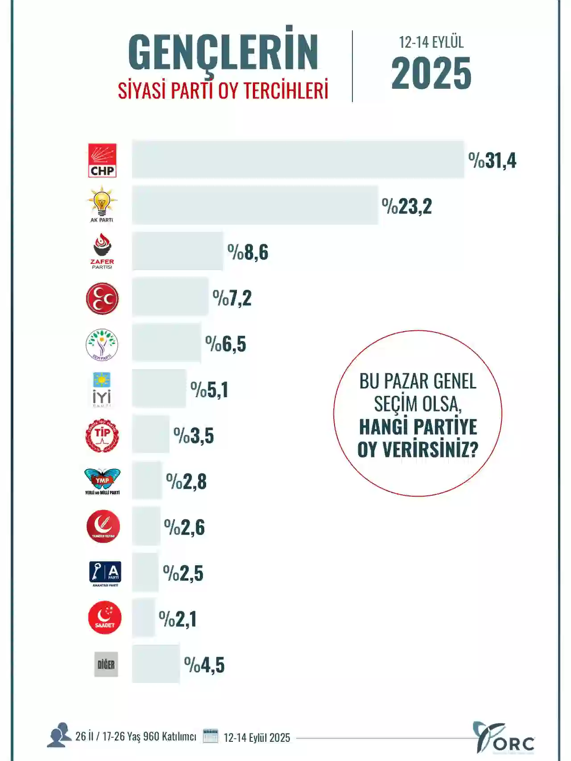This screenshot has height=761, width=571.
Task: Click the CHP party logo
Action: pos(102,160)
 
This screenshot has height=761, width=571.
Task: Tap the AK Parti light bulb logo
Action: pos(102,203)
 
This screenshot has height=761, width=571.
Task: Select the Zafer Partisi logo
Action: pos(102,251)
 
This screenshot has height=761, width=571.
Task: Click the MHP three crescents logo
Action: pos(102,298)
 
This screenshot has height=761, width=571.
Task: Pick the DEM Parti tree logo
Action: pos(102,345)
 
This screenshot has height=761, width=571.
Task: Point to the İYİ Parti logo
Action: pos(102,390)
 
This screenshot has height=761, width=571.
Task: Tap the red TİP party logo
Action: pos(102,436)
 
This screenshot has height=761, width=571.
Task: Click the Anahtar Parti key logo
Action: pos(105,573)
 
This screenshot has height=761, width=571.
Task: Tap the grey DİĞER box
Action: pos(106,664)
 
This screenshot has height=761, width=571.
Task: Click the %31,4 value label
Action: pos(492,160)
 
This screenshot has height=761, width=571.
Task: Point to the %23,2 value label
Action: pos(407,206)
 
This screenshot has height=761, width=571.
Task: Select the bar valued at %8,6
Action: pos(178,251)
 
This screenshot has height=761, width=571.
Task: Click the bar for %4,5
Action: pos(156,664)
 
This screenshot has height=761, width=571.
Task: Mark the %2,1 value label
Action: pos(178,619)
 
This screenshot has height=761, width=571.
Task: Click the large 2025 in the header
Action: pos(431,74)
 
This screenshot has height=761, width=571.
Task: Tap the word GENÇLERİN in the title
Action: pos(223,52)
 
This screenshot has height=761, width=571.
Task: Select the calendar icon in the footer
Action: pos(211,736)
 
